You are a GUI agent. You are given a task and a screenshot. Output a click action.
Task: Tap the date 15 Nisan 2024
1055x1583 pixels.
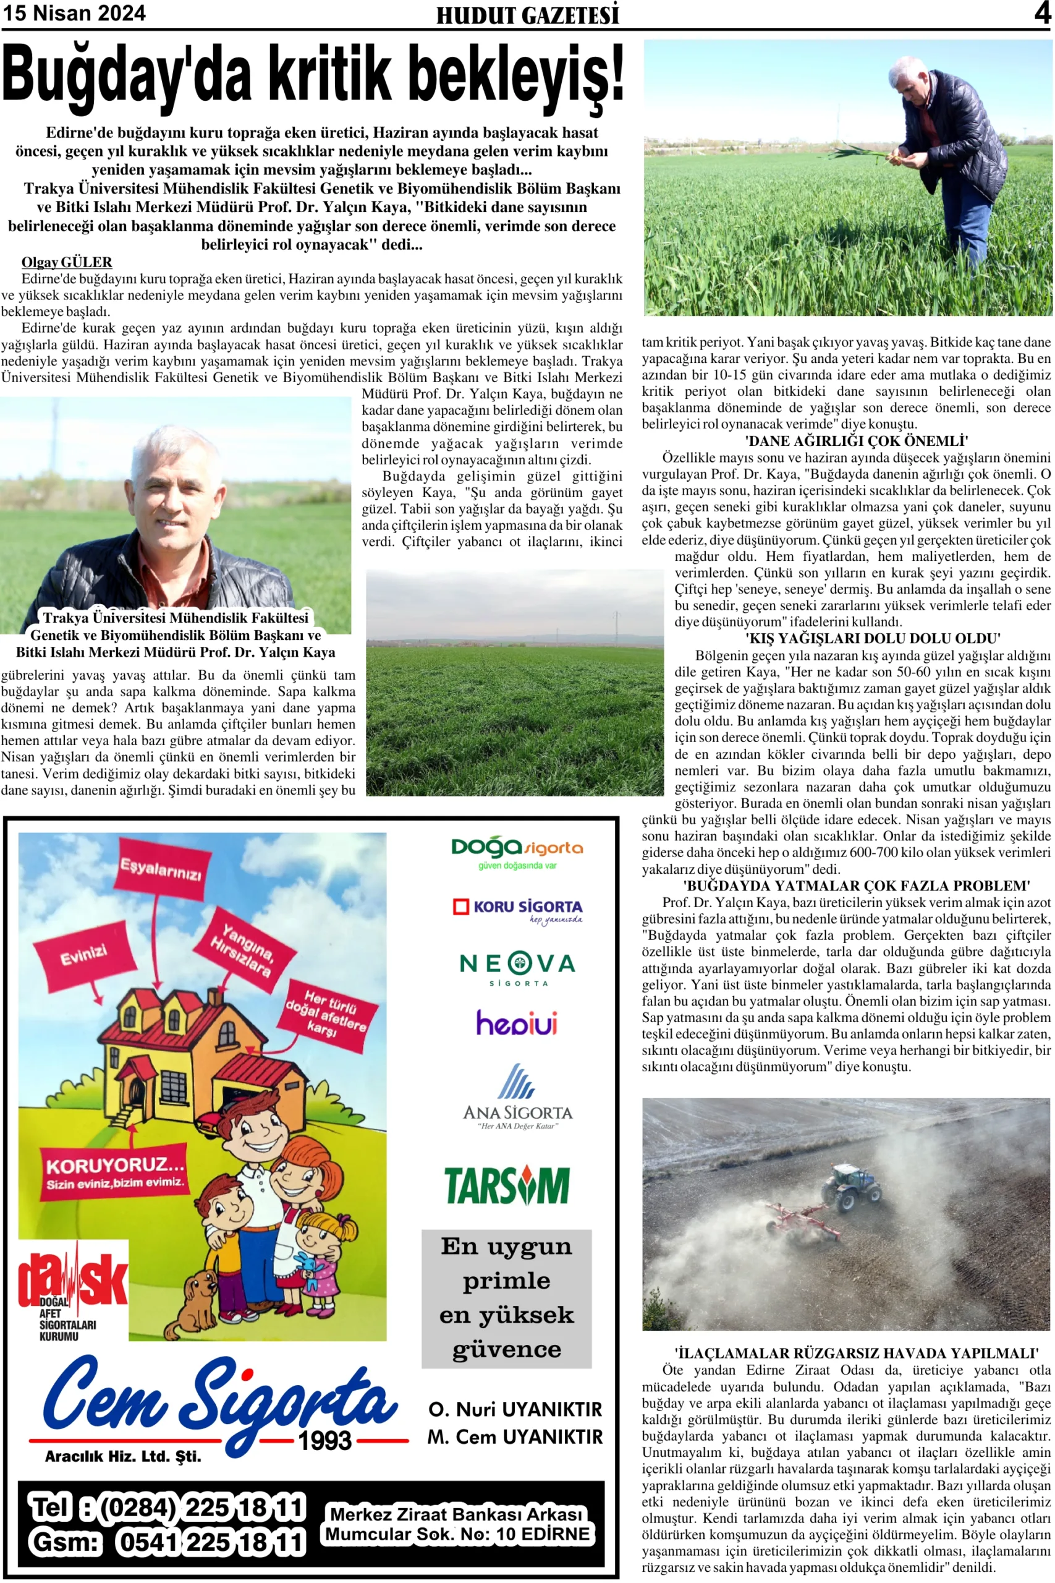74,13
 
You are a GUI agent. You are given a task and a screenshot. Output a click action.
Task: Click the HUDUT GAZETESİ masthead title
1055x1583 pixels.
528,15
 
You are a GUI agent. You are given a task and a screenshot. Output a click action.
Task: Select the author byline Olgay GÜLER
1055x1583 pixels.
67,262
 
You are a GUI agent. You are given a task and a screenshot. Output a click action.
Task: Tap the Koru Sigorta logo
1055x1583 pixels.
517,909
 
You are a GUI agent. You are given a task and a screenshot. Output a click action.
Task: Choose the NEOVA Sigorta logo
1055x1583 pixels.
517,968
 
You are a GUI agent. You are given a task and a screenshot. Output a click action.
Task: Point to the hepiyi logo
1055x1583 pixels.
517,1023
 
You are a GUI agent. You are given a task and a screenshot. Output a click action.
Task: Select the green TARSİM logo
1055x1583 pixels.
507,1185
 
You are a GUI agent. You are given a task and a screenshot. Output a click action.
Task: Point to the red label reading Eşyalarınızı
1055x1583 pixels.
160,869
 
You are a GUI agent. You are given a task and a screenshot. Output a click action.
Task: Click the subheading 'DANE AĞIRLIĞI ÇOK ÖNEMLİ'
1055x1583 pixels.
856,441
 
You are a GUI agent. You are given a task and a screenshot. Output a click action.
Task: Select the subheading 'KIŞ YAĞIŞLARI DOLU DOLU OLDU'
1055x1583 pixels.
872,638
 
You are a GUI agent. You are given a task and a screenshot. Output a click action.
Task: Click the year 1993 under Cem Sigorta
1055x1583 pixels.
326,1440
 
